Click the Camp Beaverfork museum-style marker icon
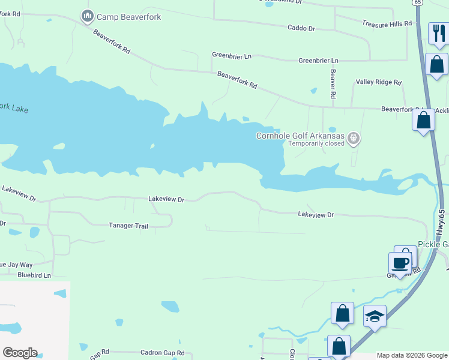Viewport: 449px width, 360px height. click(88, 16)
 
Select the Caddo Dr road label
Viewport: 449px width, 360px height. click(301, 28)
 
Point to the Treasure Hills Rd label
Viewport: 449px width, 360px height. click(387, 23)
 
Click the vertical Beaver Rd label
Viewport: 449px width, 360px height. click(333, 84)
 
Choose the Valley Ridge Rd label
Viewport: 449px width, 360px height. click(378, 82)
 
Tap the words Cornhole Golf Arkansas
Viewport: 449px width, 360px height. click(301, 136)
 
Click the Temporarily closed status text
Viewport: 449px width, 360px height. click(316, 144)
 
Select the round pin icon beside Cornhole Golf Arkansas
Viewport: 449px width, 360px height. click(354, 139)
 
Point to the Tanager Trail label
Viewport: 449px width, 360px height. click(128, 226)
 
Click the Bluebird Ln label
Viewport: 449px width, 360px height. click(34, 275)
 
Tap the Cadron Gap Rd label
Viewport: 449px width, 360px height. click(162, 353)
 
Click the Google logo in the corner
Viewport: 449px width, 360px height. click(20, 353)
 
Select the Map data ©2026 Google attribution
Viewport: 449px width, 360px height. click(412, 356)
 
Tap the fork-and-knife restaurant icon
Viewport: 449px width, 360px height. click(439, 34)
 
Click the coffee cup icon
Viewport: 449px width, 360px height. click(400, 262)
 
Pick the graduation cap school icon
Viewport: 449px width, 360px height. click(375, 315)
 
